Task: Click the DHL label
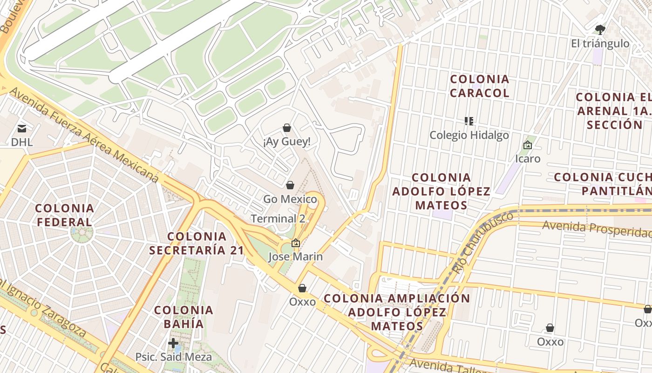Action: pyautogui.click(x=22, y=142)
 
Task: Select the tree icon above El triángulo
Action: pyautogui.click(x=600, y=30)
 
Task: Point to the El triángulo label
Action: pyautogui.click(x=600, y=44)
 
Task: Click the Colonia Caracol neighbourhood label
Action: pyautogui.click(x=480, y=86)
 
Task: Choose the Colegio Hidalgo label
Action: pyautogui.click(x=469, y=135)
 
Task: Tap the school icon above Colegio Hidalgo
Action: pyautogui.click(x=469, y=122)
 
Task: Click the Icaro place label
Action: pyautogui.click(x=528, y=159)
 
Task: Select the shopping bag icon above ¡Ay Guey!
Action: pyautogui.click(x=287, y=128)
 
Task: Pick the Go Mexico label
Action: pyautogui.click(x=290, y=200)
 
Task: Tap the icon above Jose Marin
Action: pyautogui.click(x=296, y=243)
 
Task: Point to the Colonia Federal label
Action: pyautogui.click(x=65, y=215)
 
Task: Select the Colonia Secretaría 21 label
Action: pyautogui.click(x=197, y=243)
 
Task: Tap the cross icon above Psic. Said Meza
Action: pyautogui.click(x=173, y=344)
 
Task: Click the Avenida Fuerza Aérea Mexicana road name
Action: pyautogui.click(x=84, y=135)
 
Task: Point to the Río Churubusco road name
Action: pyautogui.click(x=484, y=242)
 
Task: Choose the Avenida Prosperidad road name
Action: pyautogui.click(x=597, y=229)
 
